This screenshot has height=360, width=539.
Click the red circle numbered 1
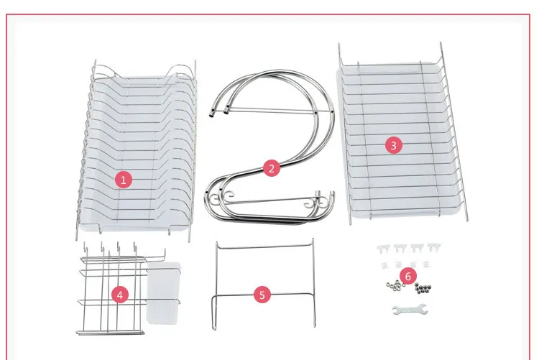(124, 180)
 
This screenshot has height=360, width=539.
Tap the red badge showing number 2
(272, 168)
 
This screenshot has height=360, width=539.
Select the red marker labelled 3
(394, 145)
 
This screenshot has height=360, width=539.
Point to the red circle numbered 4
(119, 295)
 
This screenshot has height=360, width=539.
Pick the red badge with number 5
(262, 295)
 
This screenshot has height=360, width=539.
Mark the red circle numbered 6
(408, 276)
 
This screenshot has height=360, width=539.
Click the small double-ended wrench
(410, 310)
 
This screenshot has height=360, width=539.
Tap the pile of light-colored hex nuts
(395, 285)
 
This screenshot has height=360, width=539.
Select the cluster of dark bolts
(423, 288)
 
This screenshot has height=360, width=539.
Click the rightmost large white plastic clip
(434, 246)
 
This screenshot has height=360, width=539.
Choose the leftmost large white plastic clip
(383, 249)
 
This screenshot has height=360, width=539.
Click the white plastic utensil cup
(163, 292)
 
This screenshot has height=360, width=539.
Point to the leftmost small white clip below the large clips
(384, 265)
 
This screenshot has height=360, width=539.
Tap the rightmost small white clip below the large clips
(426, 264)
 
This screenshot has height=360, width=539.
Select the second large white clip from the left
(400, 248)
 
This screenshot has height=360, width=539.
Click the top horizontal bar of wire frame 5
(264, 246)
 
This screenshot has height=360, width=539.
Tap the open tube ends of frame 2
(219, 112)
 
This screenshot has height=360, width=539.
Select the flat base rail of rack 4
(110, 333)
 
